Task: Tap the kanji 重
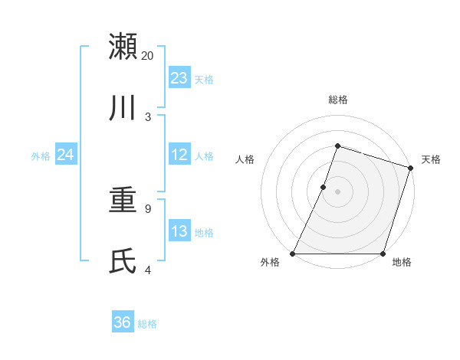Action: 123,201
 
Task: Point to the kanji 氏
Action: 123,261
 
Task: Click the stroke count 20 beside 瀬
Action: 148,56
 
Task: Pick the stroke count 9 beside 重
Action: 148,208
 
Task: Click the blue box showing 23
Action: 179,77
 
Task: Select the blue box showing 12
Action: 179,155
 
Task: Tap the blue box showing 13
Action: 179,231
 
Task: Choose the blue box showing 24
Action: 65,155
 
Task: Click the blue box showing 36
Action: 123,322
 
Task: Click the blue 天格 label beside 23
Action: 204,79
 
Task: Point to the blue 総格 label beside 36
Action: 147,324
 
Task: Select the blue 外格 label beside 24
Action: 41,156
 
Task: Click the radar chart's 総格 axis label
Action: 337,100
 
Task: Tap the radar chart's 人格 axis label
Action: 245,159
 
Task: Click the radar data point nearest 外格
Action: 293,254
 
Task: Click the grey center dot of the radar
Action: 337,191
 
